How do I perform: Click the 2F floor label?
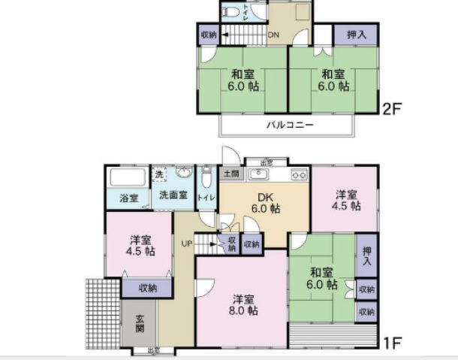[393, 108]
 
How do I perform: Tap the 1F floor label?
[391, 344]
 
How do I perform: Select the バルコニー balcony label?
[290, 125]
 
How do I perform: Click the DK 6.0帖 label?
[265, 203]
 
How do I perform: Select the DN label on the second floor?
[275, 35]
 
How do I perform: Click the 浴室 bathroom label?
[129, 198]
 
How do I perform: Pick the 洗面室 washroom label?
[172, 195]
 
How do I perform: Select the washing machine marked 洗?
[158, 174]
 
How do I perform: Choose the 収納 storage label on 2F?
[209, 35]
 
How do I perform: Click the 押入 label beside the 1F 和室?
[366, 256]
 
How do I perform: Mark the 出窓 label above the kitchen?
[266, 162]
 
